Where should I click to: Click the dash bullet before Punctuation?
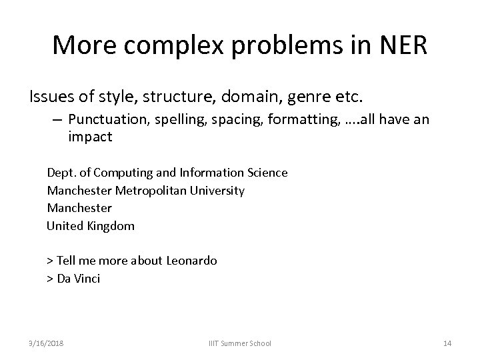55,121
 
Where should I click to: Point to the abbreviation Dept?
61,173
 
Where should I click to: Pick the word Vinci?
87,279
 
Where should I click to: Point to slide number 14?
447,343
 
